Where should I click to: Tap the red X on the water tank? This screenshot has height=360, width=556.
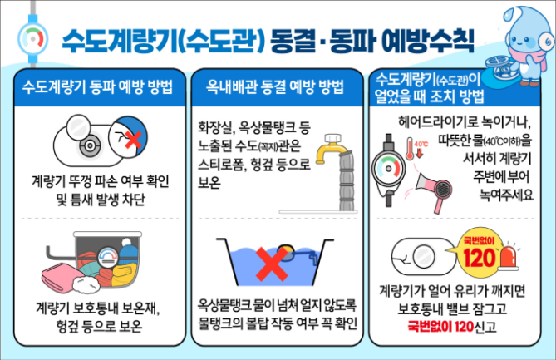(271, 264)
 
